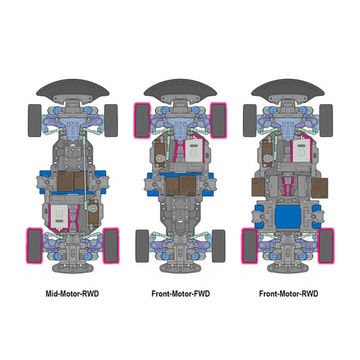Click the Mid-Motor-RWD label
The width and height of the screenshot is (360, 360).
point(72,294)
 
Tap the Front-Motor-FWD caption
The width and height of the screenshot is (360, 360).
point(181,294)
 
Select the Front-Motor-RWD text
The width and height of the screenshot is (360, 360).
point(288,294)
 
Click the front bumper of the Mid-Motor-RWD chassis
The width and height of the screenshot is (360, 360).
point(73,88)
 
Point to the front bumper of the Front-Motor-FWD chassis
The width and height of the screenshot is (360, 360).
point(180,88)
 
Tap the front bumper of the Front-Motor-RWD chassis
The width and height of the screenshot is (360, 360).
point(288,88)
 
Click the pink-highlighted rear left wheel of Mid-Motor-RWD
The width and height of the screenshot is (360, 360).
point(34,246)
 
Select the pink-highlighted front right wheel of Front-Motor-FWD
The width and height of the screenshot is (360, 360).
point(219,120)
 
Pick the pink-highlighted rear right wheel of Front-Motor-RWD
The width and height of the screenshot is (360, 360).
point(326,246)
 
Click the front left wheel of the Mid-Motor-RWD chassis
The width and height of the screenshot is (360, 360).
point(34,120)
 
